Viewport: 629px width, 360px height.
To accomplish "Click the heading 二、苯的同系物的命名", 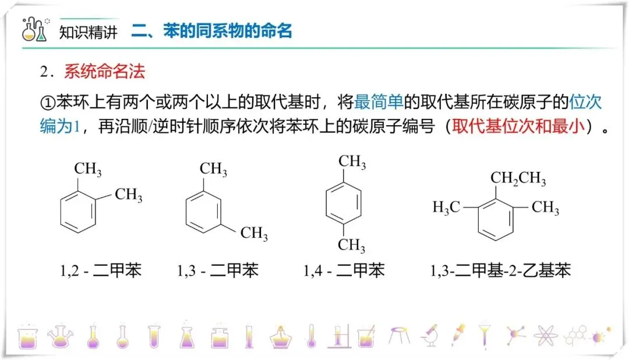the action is (211, 30).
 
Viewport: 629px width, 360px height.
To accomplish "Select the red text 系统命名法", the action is (105, 72).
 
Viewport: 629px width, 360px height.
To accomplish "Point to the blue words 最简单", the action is (379, 103).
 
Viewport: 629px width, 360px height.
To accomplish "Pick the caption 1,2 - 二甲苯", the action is (101, 271).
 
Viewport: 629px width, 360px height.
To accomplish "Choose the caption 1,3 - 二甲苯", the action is (218, 271).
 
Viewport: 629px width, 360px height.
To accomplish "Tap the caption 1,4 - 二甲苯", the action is (344, 271).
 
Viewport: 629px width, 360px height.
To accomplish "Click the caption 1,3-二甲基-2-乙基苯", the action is (500, 271).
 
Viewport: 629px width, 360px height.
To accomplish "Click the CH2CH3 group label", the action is (518, 179).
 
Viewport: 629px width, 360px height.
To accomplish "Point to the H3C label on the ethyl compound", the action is (447, 207).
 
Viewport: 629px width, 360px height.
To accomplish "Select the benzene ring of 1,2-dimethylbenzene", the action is (78, 214).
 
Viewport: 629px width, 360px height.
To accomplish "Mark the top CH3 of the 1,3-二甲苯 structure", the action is (213, 170).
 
